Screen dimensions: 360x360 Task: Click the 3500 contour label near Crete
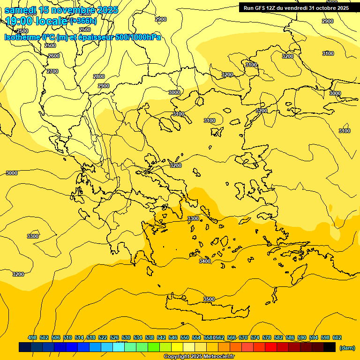[209, 299]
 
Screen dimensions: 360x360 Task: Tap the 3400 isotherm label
[205, 261]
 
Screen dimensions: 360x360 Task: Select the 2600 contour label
[54, 56]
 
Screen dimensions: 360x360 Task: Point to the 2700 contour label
[52, 71]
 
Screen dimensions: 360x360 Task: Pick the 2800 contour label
[99, 76]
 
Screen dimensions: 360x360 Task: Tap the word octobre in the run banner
[323, 8]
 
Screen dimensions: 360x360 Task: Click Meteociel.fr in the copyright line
[216, 357]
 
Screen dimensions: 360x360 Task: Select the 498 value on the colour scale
[32, 337]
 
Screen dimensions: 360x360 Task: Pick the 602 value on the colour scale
[337, 337]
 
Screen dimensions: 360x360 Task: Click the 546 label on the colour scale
[173, 337]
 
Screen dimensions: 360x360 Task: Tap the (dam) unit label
[347, 347]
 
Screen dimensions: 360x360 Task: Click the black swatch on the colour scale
[330, 347]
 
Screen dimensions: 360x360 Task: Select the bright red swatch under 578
[271, 347]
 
